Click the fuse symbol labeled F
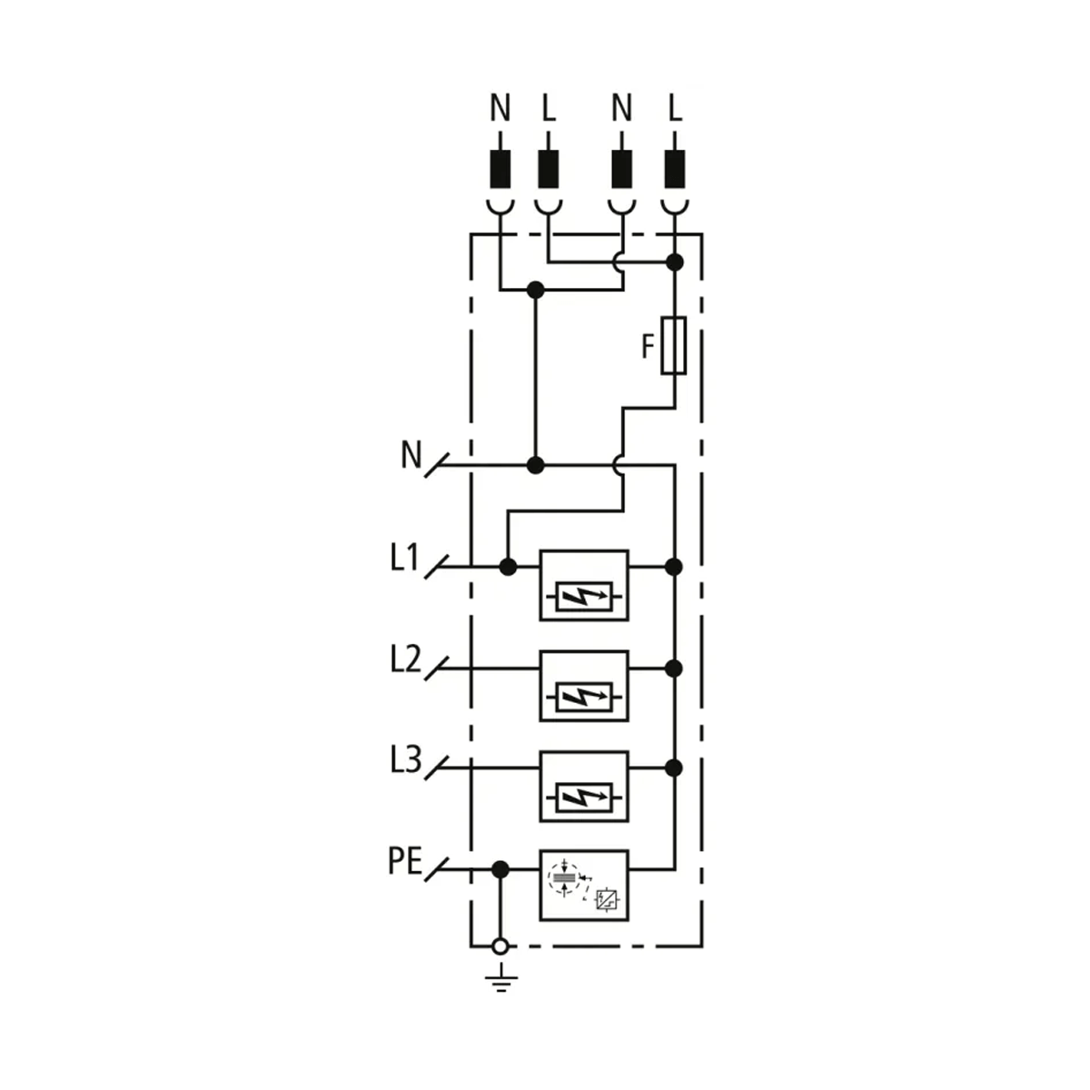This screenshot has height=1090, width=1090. tap(674, 345)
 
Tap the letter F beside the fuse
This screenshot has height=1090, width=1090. tap(648, 347)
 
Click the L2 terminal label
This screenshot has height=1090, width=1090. tap(405, 660)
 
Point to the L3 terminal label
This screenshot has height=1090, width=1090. tap(405, 760)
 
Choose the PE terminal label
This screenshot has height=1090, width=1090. tap(405, 861)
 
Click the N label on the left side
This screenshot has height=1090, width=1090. tap(411, 454)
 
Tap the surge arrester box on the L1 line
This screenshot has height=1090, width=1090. tap(583, 585)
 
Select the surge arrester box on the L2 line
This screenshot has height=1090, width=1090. tap(583, 686)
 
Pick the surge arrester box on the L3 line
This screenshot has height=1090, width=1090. tap(583, 787)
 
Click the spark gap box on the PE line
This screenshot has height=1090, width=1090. tap(583, 886)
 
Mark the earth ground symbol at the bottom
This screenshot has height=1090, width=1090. tap(499, 979)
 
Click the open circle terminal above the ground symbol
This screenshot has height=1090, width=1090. tap(499, 947)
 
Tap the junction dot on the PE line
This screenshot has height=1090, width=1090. tap(499, 869)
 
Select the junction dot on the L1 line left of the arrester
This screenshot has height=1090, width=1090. tap(508, 567)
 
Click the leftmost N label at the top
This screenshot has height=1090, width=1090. tap(500, 109)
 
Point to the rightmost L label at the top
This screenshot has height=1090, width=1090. tap(674, 109)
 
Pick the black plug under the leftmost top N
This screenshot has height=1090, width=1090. tap(500, 169)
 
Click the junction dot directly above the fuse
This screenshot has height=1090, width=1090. tap(674, 263)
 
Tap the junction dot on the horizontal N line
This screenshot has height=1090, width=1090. tap(536, 465)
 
